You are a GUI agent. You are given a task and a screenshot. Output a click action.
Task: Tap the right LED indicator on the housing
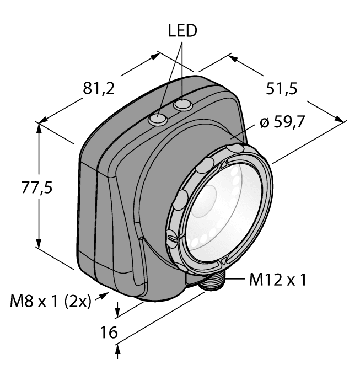click(x=180, y=105)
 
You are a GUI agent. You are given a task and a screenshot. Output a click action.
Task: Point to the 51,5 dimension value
click(x=282, y=90)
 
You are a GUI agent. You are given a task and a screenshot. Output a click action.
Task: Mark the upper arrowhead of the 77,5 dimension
click(x=39, y=127)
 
